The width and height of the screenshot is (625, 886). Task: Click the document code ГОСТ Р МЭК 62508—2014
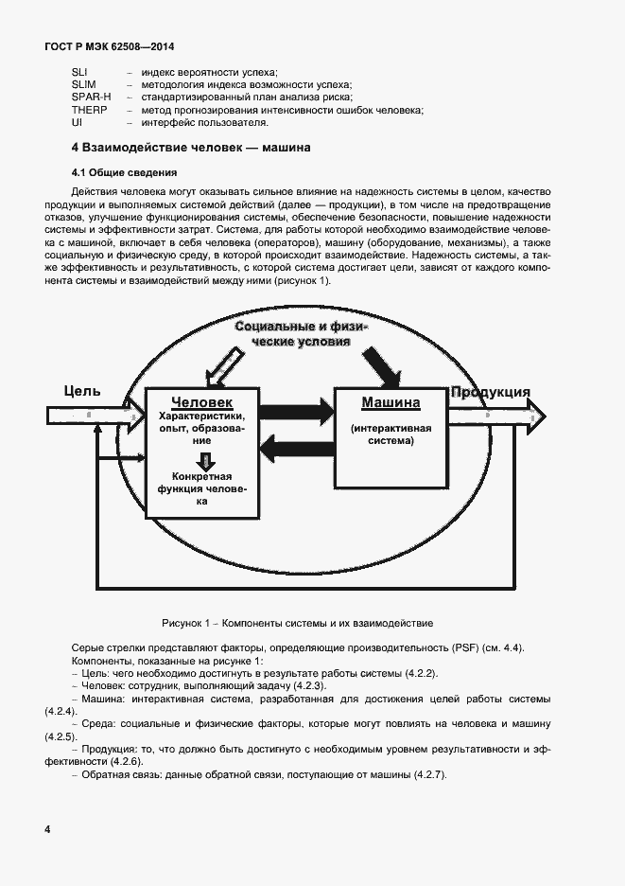pos(110,46)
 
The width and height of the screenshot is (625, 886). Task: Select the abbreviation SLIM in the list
pos(84,85)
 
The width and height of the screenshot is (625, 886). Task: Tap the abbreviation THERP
pos(89,110)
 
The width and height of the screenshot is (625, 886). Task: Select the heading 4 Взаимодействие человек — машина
pos(191,148)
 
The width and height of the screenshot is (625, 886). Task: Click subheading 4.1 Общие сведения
pos(124,172)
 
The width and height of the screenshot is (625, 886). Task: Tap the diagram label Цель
pos(81,391)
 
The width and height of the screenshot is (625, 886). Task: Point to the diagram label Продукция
pos(490,393)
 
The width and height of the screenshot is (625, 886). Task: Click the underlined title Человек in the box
pos(202,401)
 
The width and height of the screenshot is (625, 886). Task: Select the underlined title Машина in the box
pos(391,402)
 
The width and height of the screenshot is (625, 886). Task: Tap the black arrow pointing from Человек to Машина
pos(297,410)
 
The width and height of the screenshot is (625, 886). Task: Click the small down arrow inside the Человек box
pos(201,460)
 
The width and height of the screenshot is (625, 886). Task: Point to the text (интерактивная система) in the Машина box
pos(391,434)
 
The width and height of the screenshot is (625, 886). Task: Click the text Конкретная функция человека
pos(201,488)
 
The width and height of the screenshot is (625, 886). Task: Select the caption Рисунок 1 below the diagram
pos(297,623)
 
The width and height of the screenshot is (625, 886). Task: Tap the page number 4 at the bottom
pos(47,829)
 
